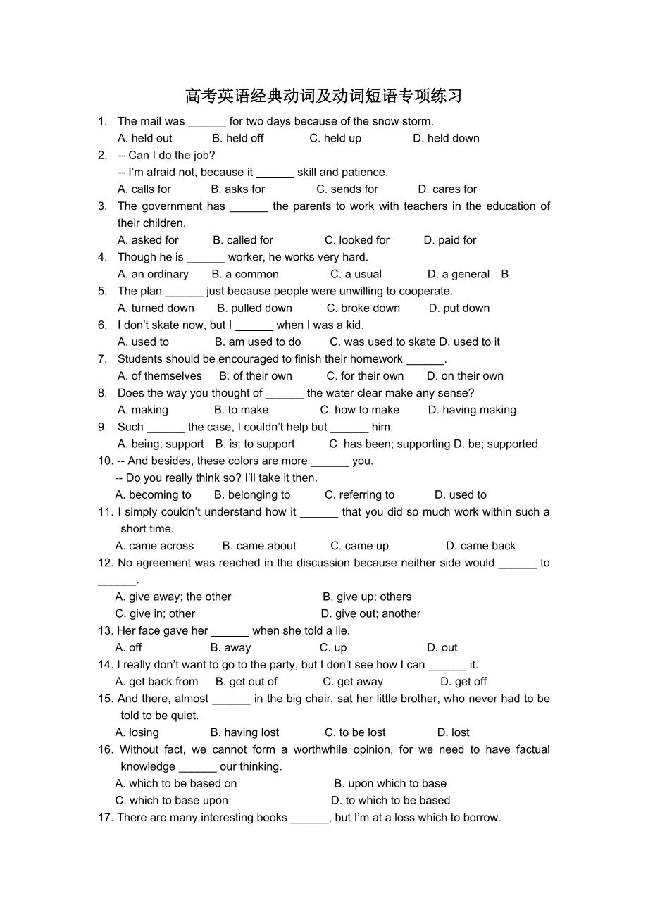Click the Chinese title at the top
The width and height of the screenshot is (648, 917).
(323, 96)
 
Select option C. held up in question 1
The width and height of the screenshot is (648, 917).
(335, 138)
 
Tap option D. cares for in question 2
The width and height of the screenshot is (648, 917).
(447, 189)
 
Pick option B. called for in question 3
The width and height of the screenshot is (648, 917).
(243, 240)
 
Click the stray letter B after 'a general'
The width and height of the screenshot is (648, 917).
(504, 274)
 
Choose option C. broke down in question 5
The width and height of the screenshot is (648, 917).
(363, 308)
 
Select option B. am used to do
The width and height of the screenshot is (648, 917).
(258, 342)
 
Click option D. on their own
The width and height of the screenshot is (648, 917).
(465, 375)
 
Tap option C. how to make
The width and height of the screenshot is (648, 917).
(359, 410)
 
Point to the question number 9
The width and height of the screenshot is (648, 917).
(102, 427)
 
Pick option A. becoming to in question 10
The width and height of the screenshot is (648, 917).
(153, 494)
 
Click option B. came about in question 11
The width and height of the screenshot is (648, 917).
(259, 546)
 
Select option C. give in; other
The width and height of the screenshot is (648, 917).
(155, 613)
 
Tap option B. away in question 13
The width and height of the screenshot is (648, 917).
(230, 647)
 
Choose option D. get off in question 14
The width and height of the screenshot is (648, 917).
(463, 681)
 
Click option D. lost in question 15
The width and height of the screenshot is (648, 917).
(453, 732)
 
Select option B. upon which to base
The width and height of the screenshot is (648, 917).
(390, 783)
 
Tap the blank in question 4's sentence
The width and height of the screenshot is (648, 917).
(206, 258)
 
